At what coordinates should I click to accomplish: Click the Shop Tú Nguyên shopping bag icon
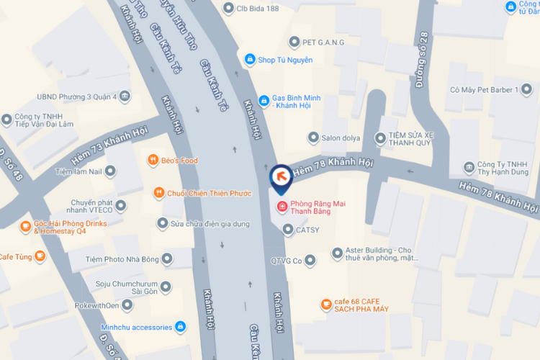point(250,60)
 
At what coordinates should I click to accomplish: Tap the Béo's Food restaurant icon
point(153,160)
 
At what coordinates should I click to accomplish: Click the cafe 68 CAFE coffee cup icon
point(327,305)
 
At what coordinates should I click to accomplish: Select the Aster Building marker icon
point(338,253)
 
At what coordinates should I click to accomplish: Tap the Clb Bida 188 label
point(261,9)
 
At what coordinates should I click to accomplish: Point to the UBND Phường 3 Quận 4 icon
point(125,96)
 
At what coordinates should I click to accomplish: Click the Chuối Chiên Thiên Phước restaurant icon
point(158,192)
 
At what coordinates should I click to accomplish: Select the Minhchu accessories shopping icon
point(181,327)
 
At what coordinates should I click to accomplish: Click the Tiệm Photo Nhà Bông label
point(120,258)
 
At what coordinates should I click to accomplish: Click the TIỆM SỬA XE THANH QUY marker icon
point(381,138)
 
